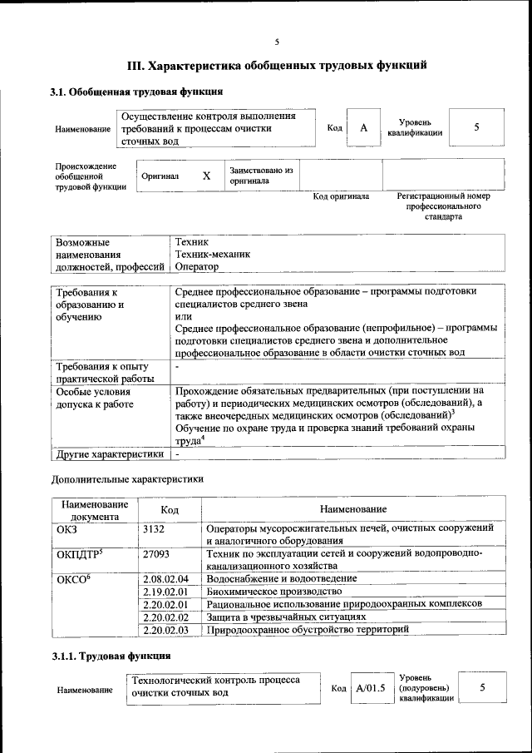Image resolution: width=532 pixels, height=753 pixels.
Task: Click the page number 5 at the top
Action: coord(277,42)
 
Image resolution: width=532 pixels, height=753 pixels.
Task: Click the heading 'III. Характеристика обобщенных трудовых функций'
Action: coord(277,65)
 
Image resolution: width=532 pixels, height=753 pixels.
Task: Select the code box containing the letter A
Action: coord(363,128)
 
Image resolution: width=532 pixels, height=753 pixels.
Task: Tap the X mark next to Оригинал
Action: coord(206,176)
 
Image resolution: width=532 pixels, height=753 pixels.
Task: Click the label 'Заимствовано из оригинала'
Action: coord(262,175)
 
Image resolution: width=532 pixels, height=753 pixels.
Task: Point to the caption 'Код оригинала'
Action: coord(341,196)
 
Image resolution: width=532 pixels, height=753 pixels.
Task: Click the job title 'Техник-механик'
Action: coord(212,254)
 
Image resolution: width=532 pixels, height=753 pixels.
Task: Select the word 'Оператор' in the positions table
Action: coord(197,267)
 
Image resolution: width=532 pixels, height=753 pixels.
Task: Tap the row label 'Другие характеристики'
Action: coord(108,454)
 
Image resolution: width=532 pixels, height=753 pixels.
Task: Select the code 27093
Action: coord(157,552)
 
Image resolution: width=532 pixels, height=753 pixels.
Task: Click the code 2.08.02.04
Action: coord(166,578)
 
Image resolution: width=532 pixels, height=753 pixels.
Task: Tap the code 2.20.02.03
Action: coord(166,630)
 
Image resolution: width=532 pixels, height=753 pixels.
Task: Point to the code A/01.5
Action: coord(371,688)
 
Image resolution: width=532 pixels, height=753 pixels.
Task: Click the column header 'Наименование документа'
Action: coord(93,509)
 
